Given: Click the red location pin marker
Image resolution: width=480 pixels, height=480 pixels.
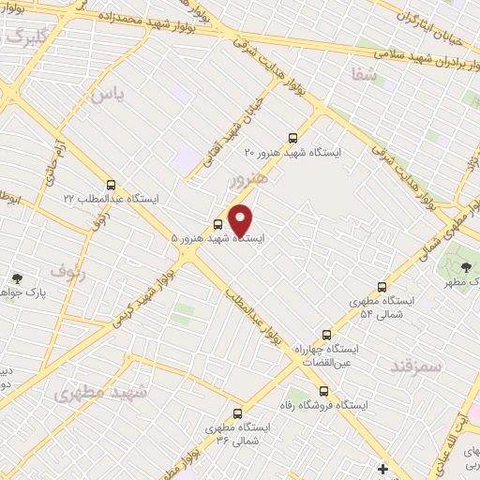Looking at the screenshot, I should point(241,219).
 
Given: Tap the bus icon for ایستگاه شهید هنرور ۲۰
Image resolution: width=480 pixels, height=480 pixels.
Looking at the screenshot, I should point(293,136).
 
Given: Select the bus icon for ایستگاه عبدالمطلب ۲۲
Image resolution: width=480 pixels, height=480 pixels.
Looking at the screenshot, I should point(112,185).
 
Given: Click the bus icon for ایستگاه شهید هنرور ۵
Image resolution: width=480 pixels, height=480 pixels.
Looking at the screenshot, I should point(218,224).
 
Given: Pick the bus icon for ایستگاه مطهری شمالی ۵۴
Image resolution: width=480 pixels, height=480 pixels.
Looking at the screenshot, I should point(382,287).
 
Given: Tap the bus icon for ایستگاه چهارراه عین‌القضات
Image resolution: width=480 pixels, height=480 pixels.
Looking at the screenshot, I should point(327,334).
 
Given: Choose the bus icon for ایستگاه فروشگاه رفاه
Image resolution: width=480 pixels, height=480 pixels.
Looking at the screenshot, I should point(323,390).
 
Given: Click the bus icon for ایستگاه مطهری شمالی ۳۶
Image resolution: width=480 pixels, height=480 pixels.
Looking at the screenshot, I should point(235,412).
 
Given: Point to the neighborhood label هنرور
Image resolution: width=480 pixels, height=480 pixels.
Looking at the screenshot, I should point(248,178).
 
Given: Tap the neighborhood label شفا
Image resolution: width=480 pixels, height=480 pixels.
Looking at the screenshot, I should point(366,76).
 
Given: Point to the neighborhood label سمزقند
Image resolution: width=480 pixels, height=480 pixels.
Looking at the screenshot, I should point(416,365).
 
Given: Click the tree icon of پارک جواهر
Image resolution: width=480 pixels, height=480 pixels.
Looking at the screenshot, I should point(17,277).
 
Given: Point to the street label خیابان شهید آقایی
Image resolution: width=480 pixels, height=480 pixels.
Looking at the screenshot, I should point(229,138).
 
